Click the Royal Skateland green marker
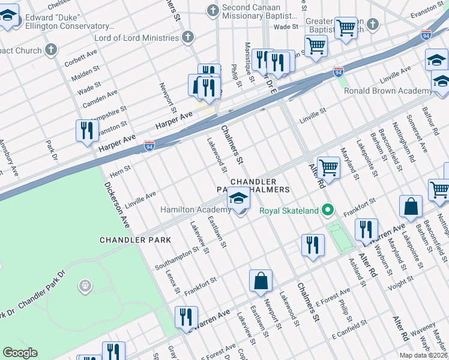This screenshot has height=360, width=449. [x=327, y=211]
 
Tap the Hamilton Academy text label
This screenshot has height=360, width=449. [x=195, y=209]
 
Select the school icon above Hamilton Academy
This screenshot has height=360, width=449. [x=238, y=199]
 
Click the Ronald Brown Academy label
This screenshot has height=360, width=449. [x=387, y=91]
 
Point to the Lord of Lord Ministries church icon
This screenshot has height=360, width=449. [x=188, y=38]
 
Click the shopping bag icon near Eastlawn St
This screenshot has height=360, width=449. [x=261, y=281]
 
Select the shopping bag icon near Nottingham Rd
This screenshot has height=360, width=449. [x=411, y=206]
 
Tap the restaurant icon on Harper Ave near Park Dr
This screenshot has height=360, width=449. [x=87, y=130]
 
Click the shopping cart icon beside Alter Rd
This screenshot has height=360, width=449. [x=328, y=167]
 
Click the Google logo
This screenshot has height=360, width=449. [x=20, y=353]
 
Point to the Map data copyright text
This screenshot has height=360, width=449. [x=424, y=355]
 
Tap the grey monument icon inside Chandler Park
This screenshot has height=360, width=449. [x=86, y=286]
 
